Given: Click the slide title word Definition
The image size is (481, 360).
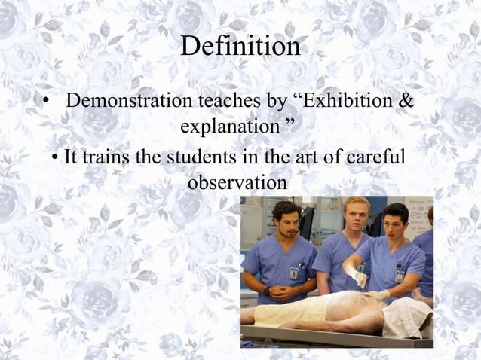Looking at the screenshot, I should tap(240, 47).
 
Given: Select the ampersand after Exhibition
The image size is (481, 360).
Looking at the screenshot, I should tap(406, 99).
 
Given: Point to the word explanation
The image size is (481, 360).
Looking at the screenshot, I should tap(229, 126).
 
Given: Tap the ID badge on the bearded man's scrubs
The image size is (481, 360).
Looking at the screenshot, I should tap(293, 271).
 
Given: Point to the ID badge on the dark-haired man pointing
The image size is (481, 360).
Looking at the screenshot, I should tap(399, 274).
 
